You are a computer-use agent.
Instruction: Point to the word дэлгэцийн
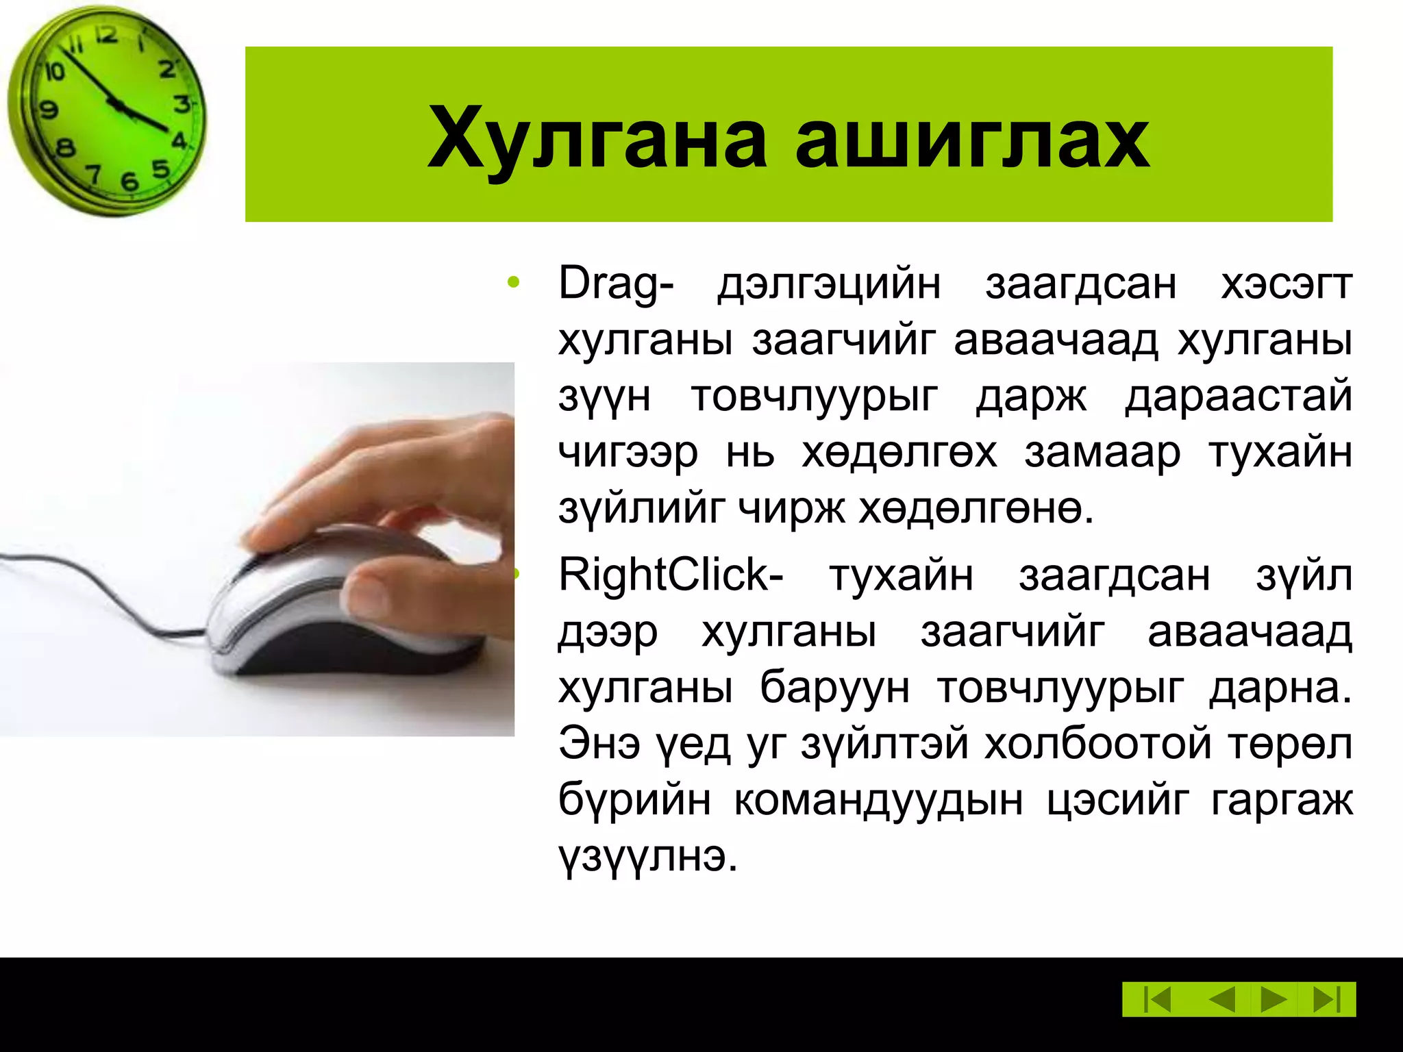(829, 283)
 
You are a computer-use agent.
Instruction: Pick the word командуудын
(878, 799)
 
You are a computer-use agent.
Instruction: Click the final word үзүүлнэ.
(647, 856)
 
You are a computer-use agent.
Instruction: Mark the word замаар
(1102, 452)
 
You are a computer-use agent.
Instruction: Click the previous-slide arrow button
(1221, 999)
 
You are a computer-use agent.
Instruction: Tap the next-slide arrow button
(1273, 999)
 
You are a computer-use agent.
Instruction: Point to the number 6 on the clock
(129, 181)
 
